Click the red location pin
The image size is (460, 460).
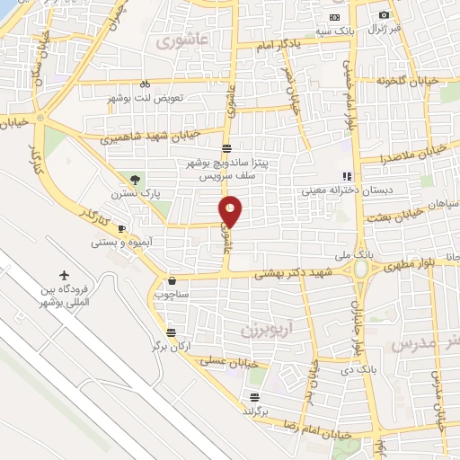pos(231,210)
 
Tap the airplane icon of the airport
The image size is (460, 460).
pos(65,275)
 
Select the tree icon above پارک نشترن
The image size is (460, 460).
pos(135,180)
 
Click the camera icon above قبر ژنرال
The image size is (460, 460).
pos(385,14)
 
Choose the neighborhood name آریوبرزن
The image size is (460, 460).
pos(267,330)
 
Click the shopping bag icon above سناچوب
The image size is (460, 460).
pos(172,280)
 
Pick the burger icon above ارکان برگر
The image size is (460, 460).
pos(172,332)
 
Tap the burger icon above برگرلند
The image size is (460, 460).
pos(255,396)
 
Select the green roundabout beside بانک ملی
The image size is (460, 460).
pos(360,268)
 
